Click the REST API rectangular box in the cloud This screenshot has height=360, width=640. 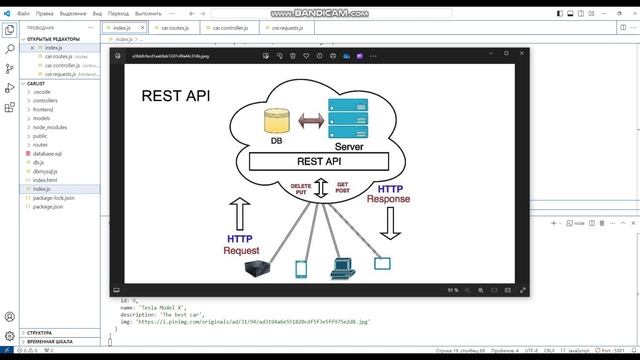319,161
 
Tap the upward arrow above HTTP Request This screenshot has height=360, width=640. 240,213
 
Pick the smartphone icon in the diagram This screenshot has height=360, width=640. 300,268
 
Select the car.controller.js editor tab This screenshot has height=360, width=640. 228,28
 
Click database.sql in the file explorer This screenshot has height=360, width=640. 49,153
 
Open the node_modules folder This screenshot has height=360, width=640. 50,127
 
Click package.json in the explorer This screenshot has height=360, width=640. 48,206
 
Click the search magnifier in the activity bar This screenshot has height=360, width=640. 9,48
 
